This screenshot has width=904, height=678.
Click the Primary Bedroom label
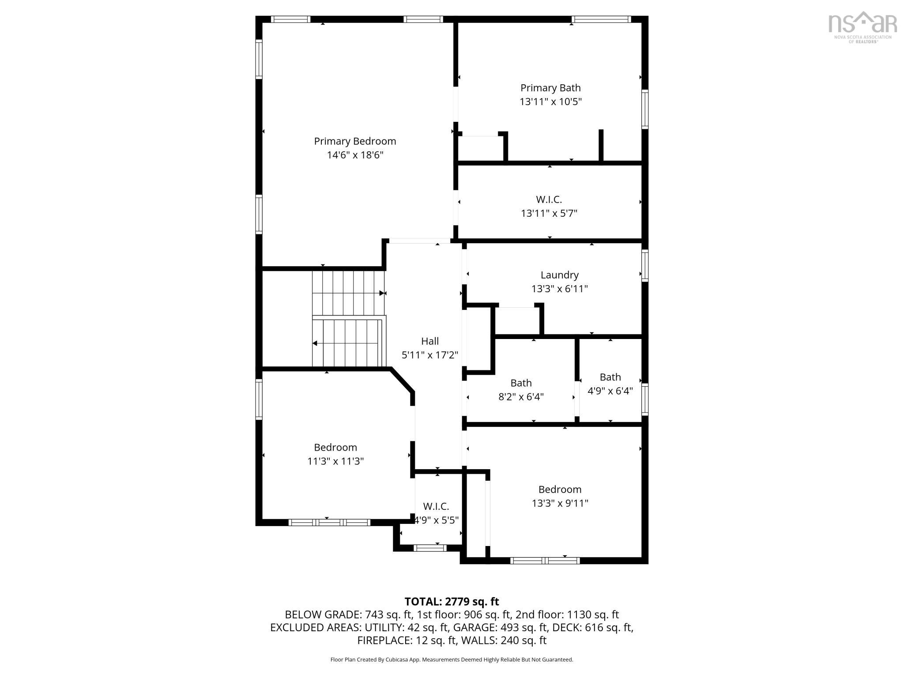pos(355,141)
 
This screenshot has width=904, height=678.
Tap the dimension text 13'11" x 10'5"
pos(550,102)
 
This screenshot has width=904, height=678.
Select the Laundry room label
pos(559,275)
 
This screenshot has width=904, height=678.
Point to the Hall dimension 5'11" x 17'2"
pos(429,355)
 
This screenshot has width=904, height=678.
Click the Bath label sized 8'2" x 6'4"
pos(521,383)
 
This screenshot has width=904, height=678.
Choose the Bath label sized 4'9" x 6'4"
pos(610,377)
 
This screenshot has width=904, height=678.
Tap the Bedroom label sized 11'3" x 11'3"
pos(335,448)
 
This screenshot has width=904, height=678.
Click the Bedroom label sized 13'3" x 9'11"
pos(560,490)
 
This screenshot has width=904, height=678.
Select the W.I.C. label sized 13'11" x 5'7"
pos(549,200)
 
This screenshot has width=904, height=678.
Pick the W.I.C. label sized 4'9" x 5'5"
pos(436,507)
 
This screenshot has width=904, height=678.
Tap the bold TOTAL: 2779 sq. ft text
pos(452,602)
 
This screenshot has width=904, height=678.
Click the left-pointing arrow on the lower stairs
pos(315,343)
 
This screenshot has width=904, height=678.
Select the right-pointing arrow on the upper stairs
pos(382,293)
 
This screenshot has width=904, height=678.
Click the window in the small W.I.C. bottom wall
pos(430,548)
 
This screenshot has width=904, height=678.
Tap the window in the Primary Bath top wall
pos(601,19)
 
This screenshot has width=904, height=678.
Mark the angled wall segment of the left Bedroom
pos(402,380)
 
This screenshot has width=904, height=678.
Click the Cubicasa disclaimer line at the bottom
pos(452,660)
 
